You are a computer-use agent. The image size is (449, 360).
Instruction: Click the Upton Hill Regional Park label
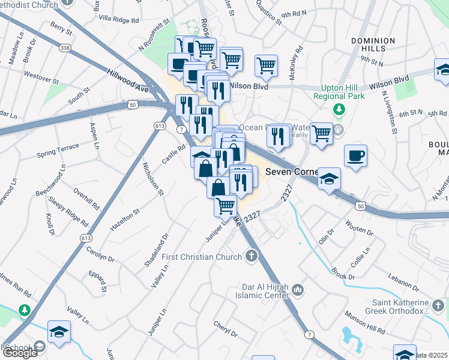tap(339, 92)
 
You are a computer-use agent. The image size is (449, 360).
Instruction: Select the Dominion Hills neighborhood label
tap(373, 46)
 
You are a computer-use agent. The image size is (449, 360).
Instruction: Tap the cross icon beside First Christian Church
tap(252, 257)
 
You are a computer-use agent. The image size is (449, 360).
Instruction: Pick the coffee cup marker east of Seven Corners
tap(355, 157)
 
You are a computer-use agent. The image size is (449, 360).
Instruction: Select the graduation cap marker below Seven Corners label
tap(329, 178)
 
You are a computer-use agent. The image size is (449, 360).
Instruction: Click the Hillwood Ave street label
tap(128, 80)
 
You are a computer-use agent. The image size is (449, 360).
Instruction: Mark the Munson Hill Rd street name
tap(365, 323)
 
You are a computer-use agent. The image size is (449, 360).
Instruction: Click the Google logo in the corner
tap(20, 353)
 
